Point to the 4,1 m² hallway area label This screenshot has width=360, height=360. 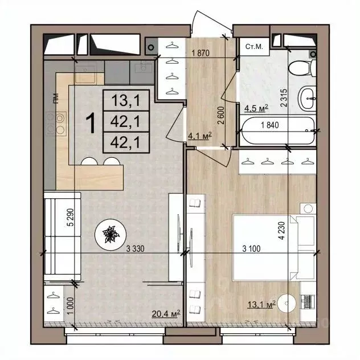[x=199, y=135]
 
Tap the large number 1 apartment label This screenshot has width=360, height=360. [x=89, y=122]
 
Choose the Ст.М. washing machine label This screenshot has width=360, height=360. [x=252, y=47]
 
